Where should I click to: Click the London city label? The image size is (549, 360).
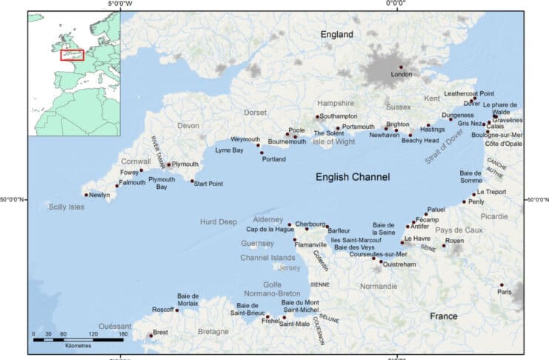pos(401,75)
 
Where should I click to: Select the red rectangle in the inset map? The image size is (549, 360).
pos(72,54)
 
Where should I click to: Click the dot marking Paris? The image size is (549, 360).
pos(502,284)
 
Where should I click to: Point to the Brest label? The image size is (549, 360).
pos(161,332)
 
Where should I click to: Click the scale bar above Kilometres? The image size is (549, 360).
pos(78,339)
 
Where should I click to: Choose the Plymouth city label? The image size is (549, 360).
pos(185,164)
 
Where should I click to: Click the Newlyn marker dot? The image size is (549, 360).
pos(87,195)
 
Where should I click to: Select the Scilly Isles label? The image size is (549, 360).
pos(67,207)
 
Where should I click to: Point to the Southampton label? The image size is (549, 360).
pos(339,116)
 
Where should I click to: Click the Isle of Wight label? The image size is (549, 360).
pos(336,141)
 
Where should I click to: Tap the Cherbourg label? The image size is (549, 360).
pos(310,224)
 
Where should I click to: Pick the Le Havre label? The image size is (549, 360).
pos(417,239)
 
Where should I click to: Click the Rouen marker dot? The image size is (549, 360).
pos(445,246)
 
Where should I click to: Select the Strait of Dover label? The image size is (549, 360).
pos(444,146)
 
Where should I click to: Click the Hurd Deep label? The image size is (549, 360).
pos(219,221)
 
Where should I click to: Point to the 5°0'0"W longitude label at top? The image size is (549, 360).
pos(121,4)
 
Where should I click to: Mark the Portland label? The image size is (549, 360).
pos(274,159)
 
